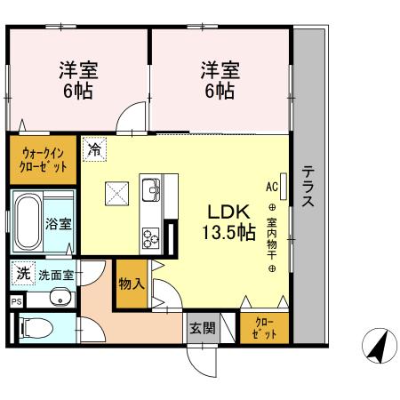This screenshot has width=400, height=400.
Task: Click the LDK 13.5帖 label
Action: point(232,222)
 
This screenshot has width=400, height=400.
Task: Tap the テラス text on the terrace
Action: point(307,187)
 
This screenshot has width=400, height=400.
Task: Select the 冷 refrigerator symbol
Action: point(93,148)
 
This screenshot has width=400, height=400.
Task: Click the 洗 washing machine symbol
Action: point(21,273)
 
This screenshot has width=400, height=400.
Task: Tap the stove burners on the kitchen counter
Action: point(150,236)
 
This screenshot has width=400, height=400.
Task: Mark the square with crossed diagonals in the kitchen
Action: point(117,192)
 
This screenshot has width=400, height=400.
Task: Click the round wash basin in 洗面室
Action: point(58,298)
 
